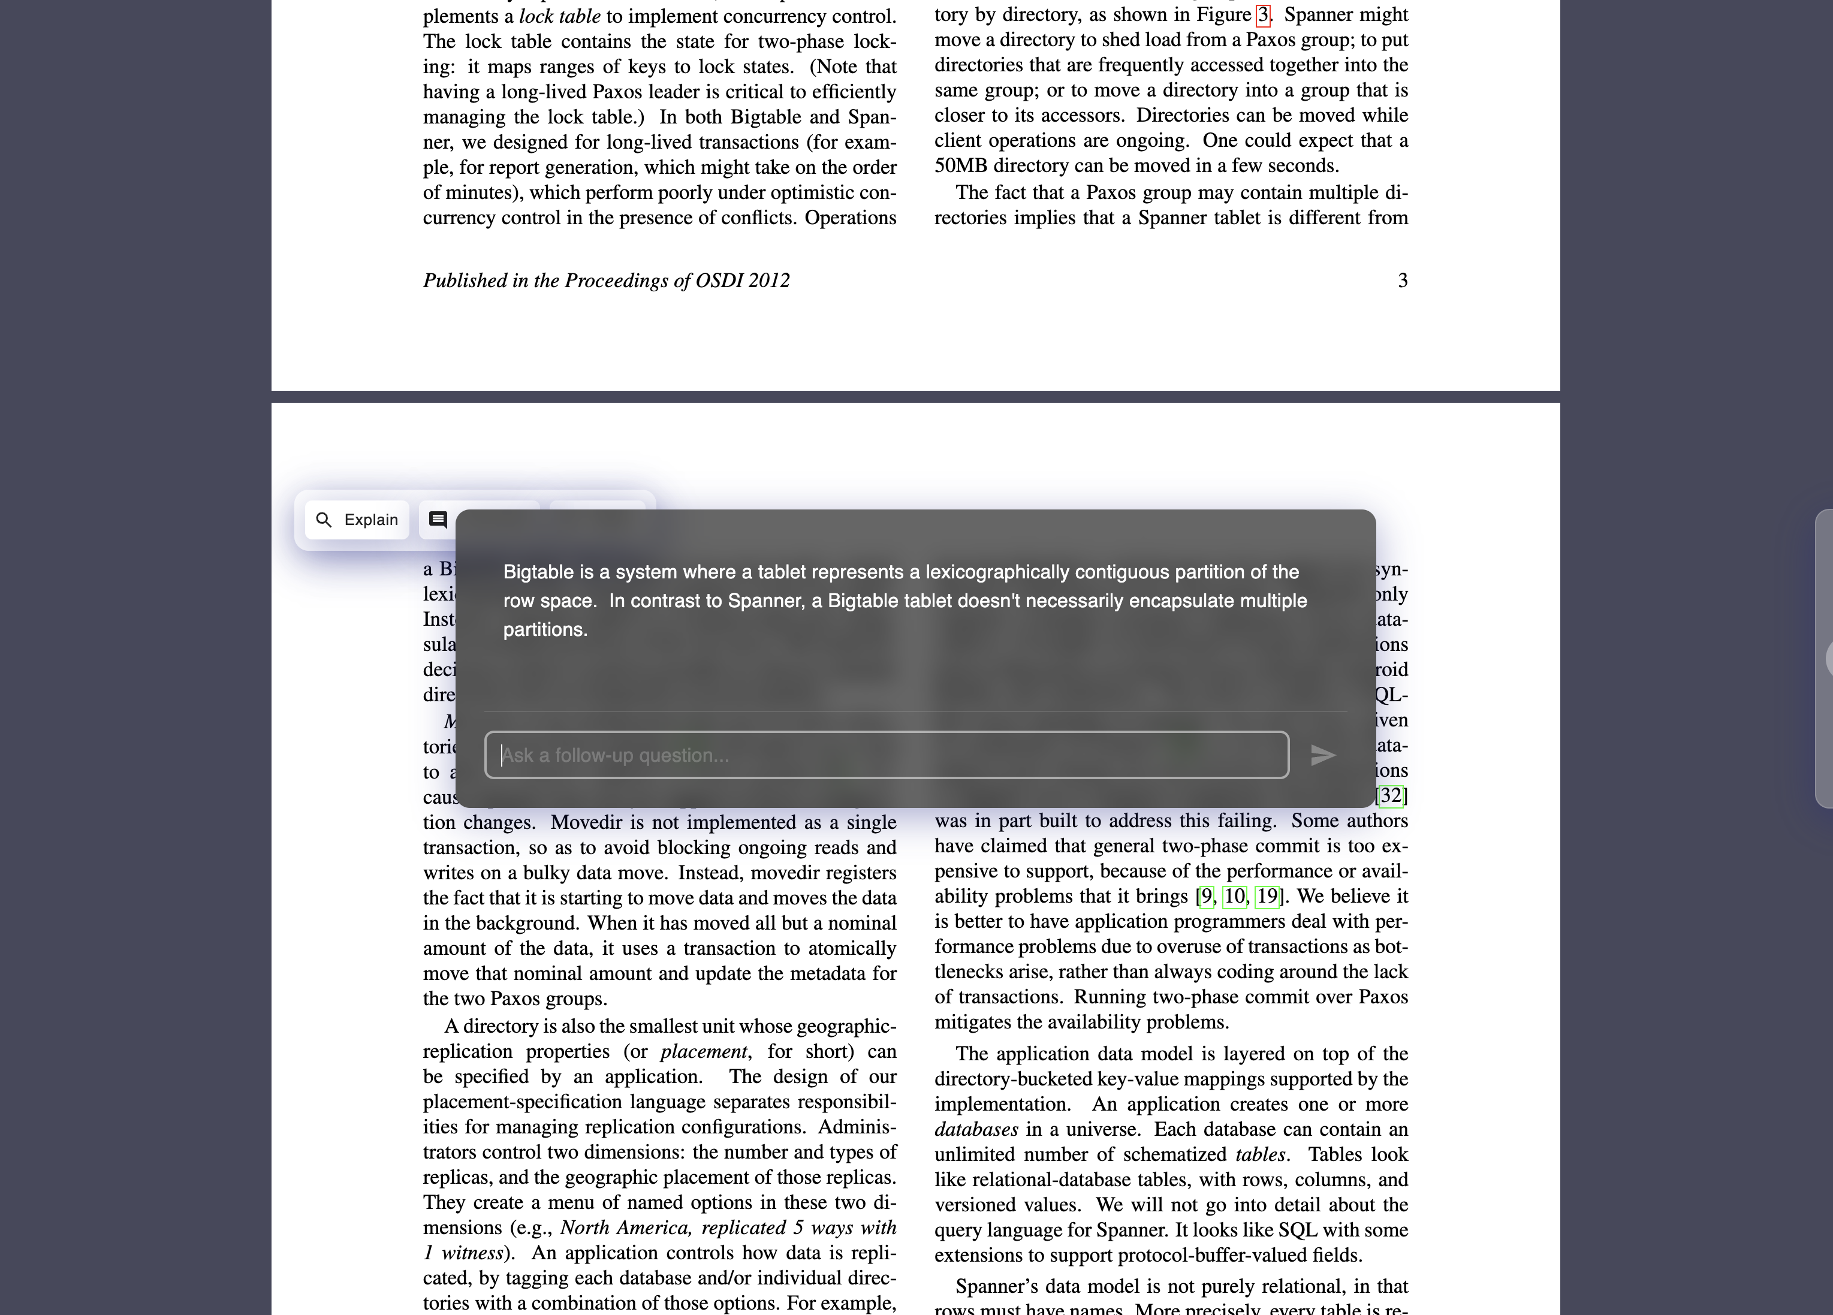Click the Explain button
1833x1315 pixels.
pos(357,520)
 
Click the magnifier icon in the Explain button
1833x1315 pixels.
pos(323,520)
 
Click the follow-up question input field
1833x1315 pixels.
pos(886,755)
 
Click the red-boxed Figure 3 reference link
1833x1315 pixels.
pos(1262,16)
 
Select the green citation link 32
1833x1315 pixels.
pos(1391,796)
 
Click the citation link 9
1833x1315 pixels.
pos(1206,896)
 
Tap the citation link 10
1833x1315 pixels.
pos(1234,896)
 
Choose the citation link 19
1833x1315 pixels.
pos(1267,896)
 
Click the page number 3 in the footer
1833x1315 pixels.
pos(1402,281)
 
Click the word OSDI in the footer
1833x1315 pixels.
pos(719,281)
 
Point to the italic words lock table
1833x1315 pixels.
pos(559,17)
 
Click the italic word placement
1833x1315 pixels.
pos(703,1051)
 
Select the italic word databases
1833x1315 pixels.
pos(975,1129)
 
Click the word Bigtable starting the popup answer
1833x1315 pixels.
pos(538,572)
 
